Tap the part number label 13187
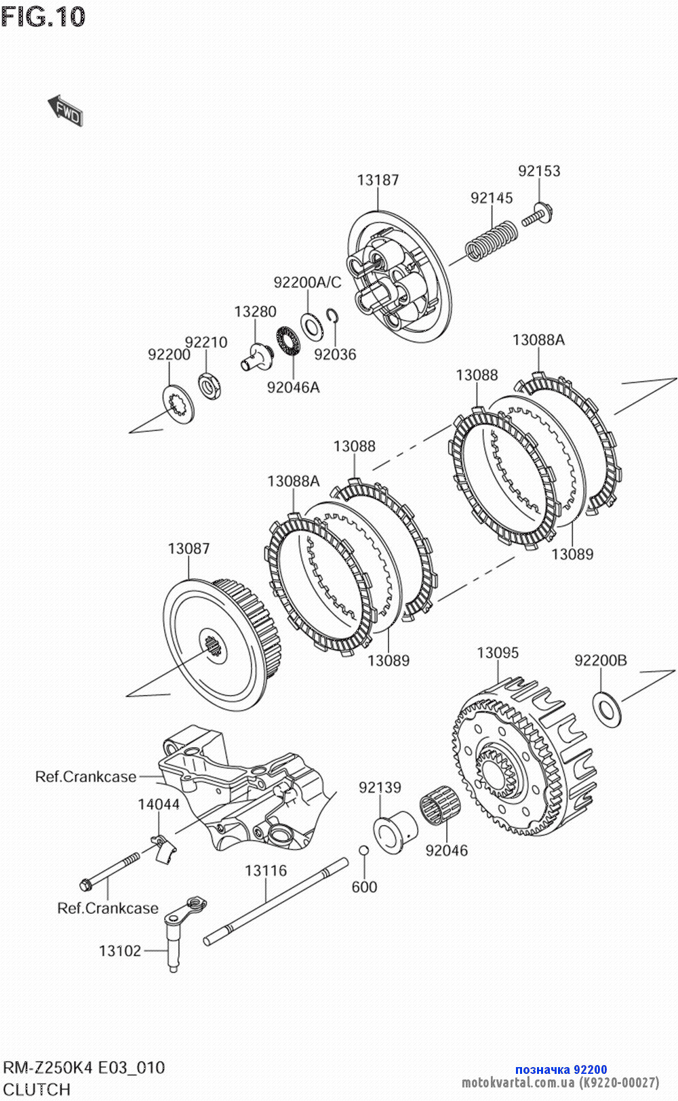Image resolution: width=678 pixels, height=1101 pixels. [378, 180]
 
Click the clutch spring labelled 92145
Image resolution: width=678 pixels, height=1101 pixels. [492, 240]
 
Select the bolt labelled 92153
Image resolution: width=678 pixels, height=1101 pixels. [536, 216]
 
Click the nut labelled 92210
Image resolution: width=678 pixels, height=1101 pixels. [210, 386]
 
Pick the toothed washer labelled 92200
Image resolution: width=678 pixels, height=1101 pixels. [178, 402]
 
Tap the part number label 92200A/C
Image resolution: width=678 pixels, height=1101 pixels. [307, 282]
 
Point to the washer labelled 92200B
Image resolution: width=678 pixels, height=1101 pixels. [606, 708]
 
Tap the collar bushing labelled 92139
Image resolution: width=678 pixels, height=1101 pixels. [395, 832]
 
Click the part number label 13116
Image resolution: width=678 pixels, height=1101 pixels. [266, 870]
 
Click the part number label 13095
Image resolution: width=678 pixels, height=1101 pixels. [498, 652]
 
